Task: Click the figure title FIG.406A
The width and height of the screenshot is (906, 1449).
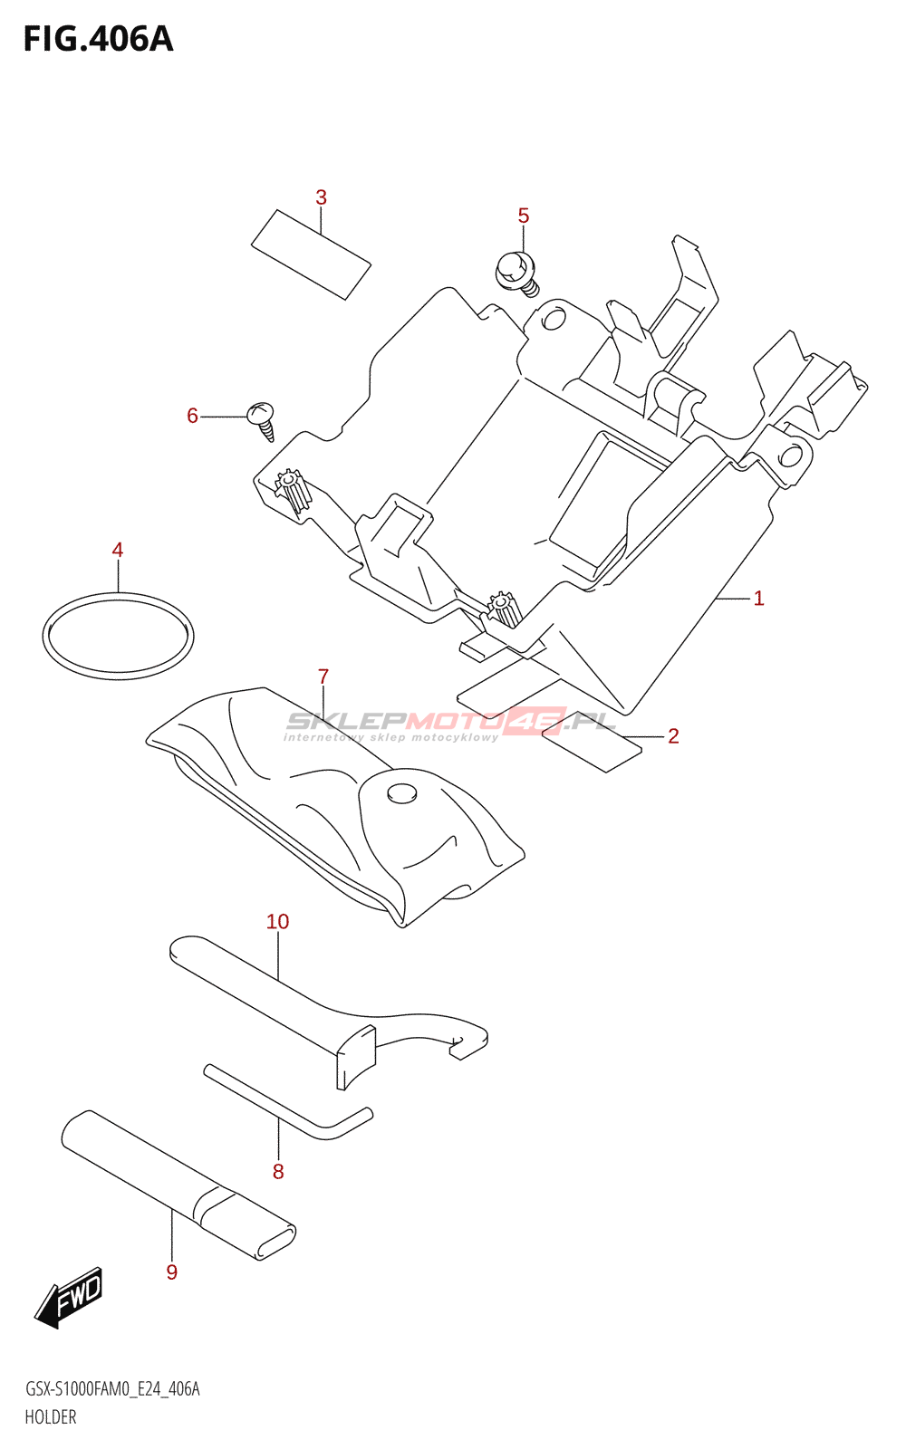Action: (x=98, y=40)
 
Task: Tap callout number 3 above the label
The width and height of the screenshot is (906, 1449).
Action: (x=321, y=197)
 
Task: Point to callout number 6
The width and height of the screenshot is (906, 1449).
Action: (x=192, y=416)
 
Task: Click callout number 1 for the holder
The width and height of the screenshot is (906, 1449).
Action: (x=758, y=599)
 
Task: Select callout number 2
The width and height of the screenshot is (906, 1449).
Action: (x=673, y=736)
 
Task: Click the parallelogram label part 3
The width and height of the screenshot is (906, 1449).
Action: (x=311, y=254)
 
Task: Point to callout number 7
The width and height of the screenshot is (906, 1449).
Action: (x=323, y=677)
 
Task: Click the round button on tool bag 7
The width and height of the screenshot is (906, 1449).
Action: (x=401, y=793)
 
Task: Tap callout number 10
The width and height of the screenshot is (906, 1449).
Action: (x=277, y=922)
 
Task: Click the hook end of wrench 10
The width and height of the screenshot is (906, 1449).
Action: (x=467, y=1041)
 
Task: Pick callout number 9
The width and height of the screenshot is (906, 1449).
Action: (x=172, y=1272)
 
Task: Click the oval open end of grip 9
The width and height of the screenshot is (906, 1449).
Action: (x=275, y=1242)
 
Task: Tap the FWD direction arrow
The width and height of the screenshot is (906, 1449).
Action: (x=70, y=1298)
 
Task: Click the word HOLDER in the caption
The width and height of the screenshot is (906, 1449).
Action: (x=51, y=1417)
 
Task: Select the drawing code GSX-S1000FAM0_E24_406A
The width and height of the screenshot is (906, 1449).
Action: (x=112, y=1389)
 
